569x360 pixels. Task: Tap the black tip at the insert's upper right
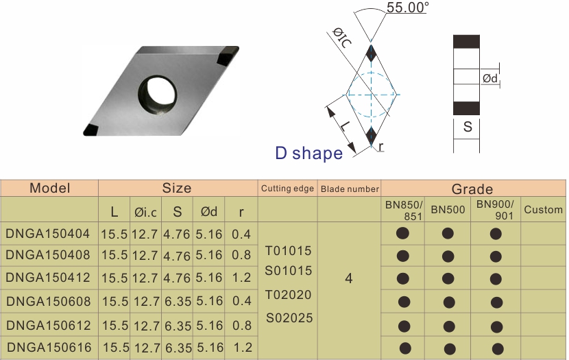click(228, 55)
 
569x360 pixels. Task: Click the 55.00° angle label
click(407, 8)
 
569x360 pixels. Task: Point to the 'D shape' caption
click(308, 153)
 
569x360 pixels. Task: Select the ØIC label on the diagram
click(342, 38)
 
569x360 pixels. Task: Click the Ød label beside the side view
click(490, 78)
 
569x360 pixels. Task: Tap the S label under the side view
click(468, 127)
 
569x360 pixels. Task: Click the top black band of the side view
click(466, 42)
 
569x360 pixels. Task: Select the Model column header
click(50, 188)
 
